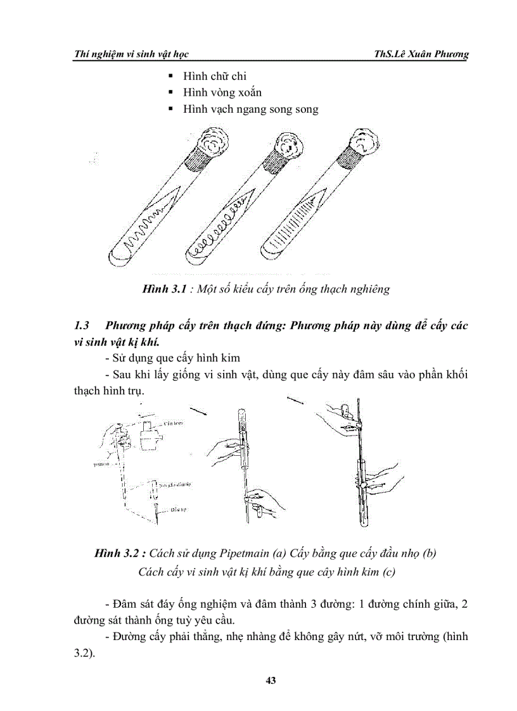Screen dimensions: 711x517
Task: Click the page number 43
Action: [x=271, y=681]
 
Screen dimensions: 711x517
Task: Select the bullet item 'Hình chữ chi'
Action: [x=214, y=76]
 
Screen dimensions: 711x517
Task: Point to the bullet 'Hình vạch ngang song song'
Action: [x=250, y=109]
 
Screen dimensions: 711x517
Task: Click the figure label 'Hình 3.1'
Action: [x=163, y=289]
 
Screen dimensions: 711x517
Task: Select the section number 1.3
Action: [x=82, y=325]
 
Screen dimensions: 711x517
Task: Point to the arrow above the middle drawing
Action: [x=198, y=410]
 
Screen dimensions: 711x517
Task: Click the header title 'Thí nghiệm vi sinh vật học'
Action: [x=131, y=54]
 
